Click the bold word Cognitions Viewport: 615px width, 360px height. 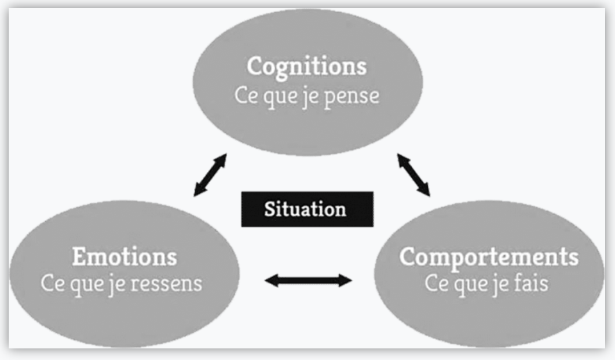coord(306,66)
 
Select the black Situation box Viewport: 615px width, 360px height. coord(307,209)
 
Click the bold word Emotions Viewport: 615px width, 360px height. coord(125,257)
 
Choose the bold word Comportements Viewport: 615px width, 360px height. coord(489,257)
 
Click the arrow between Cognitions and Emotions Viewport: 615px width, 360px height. coord(210,175)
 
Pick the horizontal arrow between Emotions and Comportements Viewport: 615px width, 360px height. coord(308,281)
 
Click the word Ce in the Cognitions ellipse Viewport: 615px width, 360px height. coord(246,96)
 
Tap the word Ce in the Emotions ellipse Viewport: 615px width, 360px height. coord(53,284)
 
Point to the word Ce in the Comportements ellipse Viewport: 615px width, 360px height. coord(436,284)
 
